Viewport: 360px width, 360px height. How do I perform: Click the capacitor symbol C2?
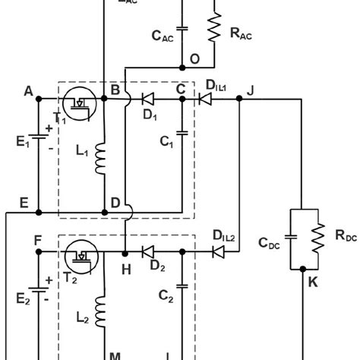click(181, 286)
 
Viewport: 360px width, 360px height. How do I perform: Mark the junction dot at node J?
click(240, 97)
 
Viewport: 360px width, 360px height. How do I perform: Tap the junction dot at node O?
click(181, 65)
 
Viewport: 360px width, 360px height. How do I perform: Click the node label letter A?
click(29, 91)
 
